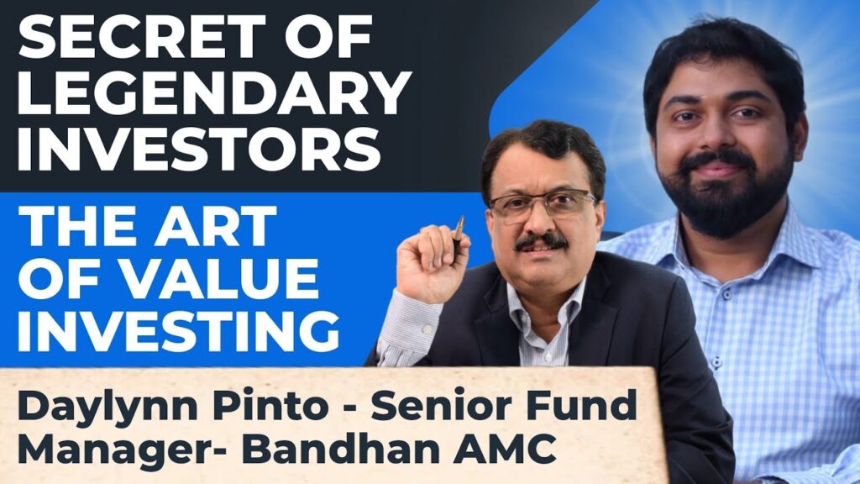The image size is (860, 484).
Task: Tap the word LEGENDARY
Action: [x=214, y=92]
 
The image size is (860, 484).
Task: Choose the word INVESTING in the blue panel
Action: [x=179, y=329]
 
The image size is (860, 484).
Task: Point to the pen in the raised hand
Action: [x=458, y=236]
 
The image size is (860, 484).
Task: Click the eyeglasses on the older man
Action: [x=543, y=205]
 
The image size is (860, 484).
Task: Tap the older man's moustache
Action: [x=541, y=242]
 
